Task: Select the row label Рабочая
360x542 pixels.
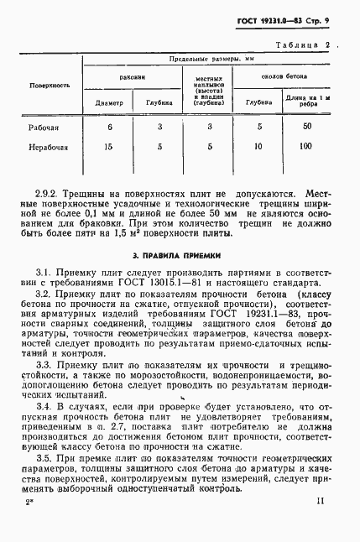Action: (50, 126)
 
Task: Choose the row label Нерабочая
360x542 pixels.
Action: (50, 147)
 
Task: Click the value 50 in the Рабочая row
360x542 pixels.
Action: (307, 126)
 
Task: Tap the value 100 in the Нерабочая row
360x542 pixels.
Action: (307, 147)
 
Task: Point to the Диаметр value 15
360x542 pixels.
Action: (109, 147)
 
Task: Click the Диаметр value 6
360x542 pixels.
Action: (109, 126)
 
